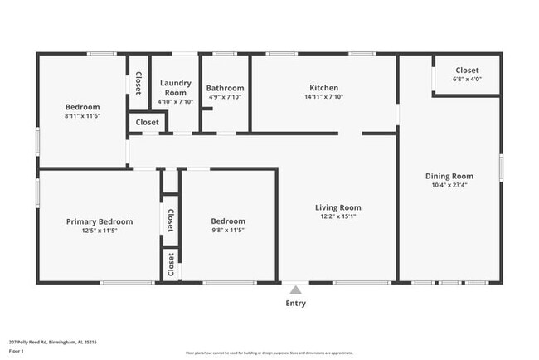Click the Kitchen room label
323,88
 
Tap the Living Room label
337,207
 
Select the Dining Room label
449,176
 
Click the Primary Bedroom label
100,221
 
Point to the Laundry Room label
175,87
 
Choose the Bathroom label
225,88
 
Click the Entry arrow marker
295,289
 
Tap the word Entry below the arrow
295,303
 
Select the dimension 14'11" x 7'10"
323,97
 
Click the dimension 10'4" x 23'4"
449,186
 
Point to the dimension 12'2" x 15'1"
337,217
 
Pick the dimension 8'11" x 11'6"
83,116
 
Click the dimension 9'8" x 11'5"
227,231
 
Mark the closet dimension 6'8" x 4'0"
468,80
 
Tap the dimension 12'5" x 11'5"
100,231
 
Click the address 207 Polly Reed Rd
48,340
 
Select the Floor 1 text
17,351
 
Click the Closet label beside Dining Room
468,71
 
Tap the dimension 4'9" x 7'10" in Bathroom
225,97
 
